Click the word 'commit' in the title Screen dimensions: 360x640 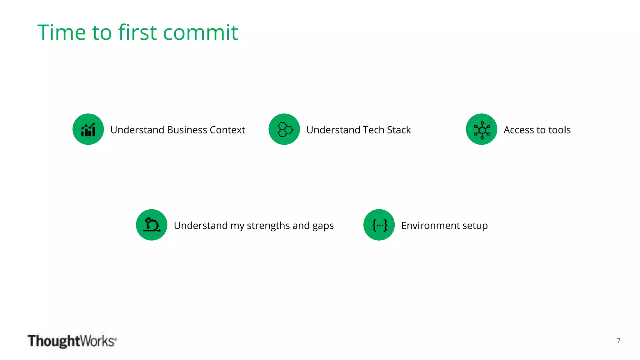point(200,32)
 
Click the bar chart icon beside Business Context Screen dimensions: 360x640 point(88,129)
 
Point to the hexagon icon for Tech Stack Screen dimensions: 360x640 point(284,129)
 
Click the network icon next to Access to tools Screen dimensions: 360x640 point(482,129)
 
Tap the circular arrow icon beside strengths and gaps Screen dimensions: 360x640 point(152,225)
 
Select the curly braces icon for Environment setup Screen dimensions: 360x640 point(379,225)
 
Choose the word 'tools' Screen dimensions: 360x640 point(560,130)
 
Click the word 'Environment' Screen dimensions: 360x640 point(430,226)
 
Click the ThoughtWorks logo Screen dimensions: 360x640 point(72,341)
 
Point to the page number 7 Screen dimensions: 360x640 point(618,341)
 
